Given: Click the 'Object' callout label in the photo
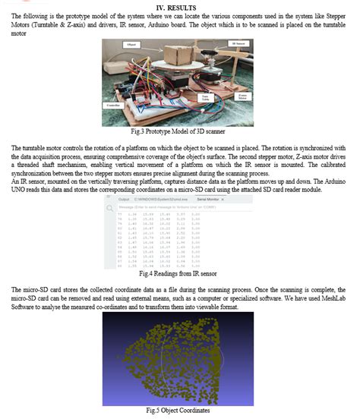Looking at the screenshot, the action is [131, 46].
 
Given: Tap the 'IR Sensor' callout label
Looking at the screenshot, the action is [240, 45].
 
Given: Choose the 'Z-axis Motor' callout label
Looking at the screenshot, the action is [243, 97].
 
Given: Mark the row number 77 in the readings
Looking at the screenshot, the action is [119, 215].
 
